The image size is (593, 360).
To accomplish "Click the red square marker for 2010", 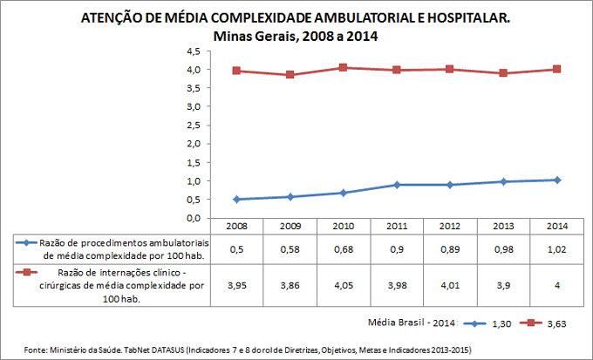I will point(343,67).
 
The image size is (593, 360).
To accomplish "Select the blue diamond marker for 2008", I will point(236,199).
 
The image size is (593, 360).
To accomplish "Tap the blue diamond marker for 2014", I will point(556,180).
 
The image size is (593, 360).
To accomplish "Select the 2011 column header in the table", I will point(396,226).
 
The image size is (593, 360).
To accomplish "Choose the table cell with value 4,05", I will point(343,285).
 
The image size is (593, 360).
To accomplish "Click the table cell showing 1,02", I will point(556,249).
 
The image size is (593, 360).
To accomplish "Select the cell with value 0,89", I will point(449,249).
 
